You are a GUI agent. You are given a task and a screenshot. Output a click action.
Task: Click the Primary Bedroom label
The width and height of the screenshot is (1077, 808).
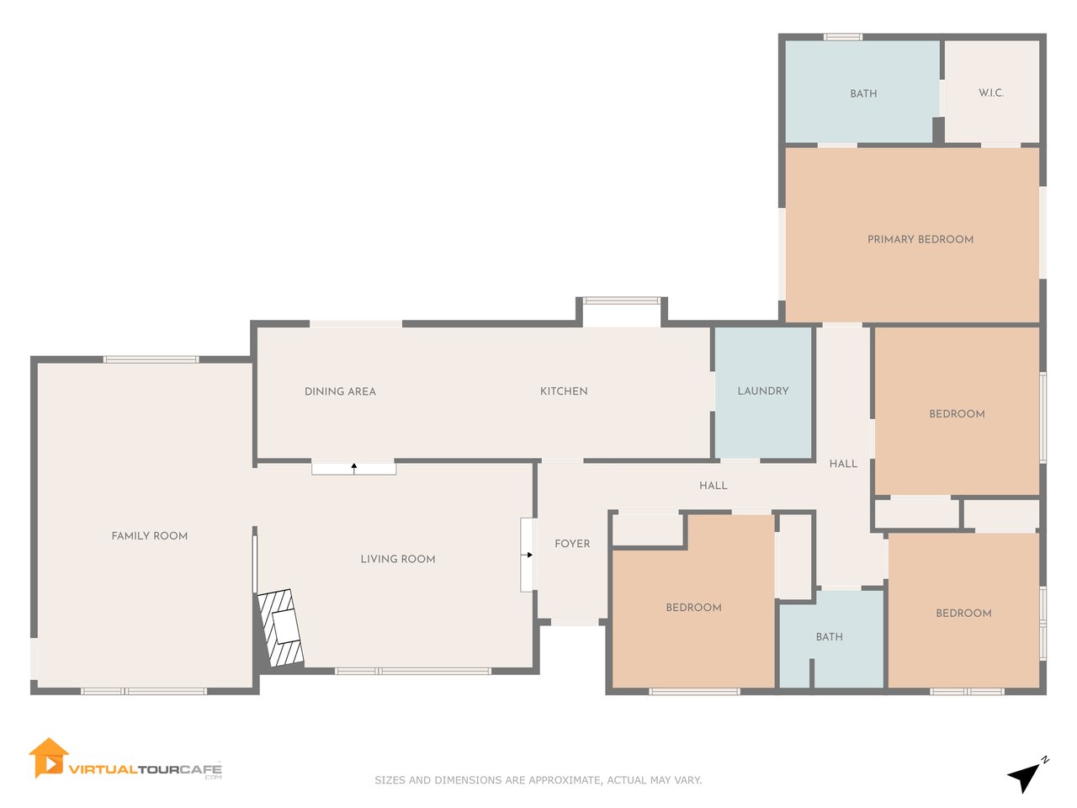coord(920,239)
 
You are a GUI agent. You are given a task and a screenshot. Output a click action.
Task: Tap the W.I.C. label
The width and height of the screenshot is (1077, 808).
coord(991,93)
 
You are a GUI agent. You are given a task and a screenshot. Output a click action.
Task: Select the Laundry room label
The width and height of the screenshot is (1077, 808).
coord(763,391)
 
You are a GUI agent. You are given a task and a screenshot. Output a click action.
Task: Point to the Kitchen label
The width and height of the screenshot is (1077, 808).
coord(564,391)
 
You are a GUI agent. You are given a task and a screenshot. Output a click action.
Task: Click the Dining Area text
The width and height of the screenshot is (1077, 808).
coord(340,391)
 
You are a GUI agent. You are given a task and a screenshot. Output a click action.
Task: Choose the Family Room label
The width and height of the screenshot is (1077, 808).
coord(150,536)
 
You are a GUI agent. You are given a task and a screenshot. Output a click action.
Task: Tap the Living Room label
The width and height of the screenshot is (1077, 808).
coord(398,559)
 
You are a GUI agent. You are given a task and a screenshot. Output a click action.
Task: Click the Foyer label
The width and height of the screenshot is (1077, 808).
coord(572,544)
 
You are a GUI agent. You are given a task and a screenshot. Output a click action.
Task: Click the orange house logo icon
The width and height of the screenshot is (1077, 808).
coord(48,758)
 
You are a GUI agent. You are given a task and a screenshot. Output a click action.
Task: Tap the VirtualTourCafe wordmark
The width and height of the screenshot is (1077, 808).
coord(146,769)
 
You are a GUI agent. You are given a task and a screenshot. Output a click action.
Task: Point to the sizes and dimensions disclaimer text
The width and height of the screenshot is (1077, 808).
coord(538,780)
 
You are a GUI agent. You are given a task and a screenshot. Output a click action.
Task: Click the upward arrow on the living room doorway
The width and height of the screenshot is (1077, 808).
coord(353,469)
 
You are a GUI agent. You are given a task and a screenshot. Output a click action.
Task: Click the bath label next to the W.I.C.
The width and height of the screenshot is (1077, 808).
coord(863,93)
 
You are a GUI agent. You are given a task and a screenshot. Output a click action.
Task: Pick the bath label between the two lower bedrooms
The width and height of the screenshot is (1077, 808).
coord(830,637)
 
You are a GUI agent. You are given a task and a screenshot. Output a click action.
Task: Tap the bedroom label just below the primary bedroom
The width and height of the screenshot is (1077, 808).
coord(957,413)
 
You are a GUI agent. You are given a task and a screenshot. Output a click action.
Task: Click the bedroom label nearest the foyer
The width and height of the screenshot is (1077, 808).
coord(694,608)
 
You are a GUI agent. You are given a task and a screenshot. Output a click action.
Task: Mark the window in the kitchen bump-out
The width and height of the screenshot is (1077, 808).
coord(621,300)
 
